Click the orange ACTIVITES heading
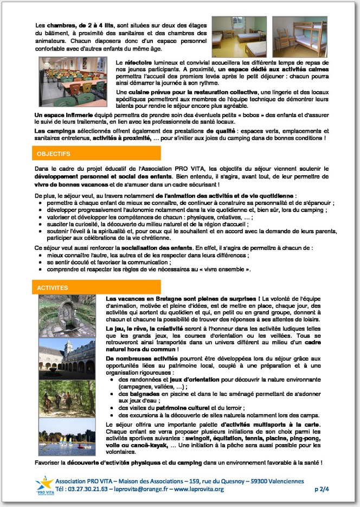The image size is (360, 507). tap(53, 287)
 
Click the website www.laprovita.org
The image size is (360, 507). tap(198, 489)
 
